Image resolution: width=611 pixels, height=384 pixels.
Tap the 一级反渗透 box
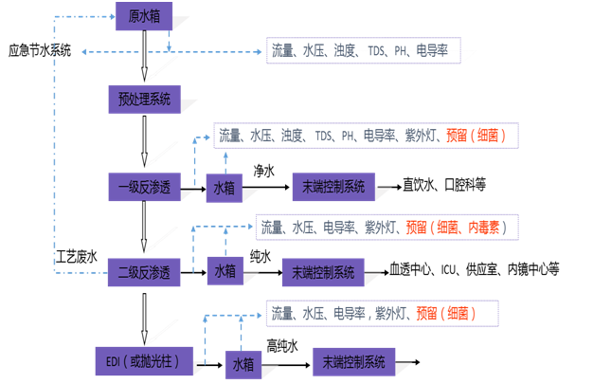(x=143, y=186)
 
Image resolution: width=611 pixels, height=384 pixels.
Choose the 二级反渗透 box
(x=143, y=273)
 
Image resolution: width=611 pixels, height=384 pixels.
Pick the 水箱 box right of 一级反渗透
(x=224, y=186)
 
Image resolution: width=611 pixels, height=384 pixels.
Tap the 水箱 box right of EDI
(x=243, y=362)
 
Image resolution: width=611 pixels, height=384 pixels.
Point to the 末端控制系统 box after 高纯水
(x=352, y=361)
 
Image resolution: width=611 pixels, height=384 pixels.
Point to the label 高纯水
(x=281, y=345)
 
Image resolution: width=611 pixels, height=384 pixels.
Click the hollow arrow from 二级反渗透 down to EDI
(x=144, y=318)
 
